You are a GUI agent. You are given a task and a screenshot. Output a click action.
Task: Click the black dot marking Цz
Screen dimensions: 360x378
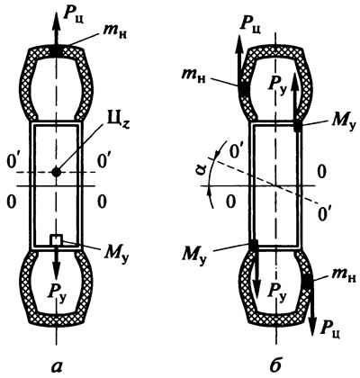coord(56,172)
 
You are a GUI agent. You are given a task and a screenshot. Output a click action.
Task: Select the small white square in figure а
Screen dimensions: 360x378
coord(56,239)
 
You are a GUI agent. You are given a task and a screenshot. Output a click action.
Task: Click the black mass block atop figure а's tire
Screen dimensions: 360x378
coord(56,50)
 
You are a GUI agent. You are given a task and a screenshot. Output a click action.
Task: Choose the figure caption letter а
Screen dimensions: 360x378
coord(57,365)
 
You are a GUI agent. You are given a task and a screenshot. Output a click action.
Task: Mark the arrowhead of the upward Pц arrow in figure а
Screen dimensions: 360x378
coord(56,21)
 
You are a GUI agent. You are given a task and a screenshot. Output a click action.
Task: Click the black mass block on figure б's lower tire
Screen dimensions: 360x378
coord(307,281)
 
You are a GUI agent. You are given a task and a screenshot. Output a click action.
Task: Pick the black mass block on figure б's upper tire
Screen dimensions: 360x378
coord(244,89)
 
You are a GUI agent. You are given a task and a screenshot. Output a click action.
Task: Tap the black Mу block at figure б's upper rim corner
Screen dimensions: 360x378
coord(298,125)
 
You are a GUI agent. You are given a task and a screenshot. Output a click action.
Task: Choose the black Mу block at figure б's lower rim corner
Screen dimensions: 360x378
coord(254,246)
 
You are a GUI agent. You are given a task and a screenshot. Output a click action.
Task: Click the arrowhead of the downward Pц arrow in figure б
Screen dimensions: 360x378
coord(313,327)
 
